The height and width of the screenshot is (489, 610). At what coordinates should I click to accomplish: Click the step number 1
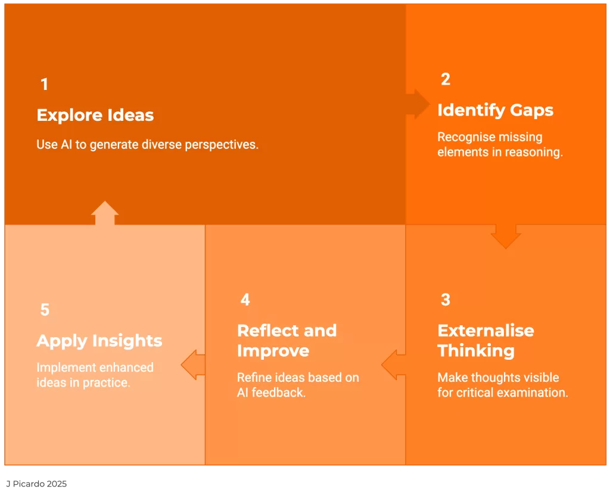click(44, 84)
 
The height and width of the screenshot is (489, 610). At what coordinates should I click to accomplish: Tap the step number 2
click(446, 79)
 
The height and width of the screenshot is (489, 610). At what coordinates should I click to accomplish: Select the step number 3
click(446, 300)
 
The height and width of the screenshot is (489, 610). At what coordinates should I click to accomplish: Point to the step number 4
click(245, 300)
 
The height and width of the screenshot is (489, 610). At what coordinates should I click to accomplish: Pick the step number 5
click(45, 310)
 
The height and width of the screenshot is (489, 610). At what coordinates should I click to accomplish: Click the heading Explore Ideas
click(95, 115)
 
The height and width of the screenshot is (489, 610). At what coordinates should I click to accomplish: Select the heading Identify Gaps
click(495, 110)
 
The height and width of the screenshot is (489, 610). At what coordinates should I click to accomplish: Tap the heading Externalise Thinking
click(485, 340)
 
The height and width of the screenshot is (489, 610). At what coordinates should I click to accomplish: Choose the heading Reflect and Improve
click(287, 341)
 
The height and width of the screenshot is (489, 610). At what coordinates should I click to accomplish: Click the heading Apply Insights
click(99, 341)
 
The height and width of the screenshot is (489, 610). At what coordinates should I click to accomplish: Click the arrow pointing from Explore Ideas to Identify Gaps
click(418, 104)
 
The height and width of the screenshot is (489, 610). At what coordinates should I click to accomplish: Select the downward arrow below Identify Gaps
click(506, 236)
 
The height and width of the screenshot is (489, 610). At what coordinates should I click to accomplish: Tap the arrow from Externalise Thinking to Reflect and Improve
click(393, 365)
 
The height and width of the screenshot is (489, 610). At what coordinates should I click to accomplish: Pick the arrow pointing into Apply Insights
click(193, 365)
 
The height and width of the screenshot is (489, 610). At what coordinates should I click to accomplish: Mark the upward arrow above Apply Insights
click(105, 213)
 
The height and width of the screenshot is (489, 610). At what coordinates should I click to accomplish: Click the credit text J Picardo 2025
click(36, 484)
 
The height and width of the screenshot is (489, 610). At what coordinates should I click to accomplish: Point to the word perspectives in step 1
click(222, 145)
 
